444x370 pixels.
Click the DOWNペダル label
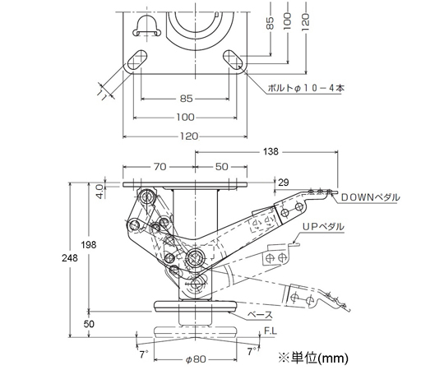point(370,197)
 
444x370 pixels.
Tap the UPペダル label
point(323,227)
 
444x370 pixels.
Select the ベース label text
point(261,315)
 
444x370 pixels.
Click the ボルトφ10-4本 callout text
point(306,88)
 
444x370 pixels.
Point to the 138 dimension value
point(271,152)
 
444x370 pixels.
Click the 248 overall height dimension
point(70,258)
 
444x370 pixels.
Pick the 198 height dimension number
point(89,244)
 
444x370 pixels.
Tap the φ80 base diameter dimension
point(196,359)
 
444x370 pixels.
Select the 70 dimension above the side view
point(160,166)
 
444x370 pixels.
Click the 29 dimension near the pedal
point(284,183)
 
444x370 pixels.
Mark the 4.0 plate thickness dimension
point(100,192)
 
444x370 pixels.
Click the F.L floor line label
point(271,331)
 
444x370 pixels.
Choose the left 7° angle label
point(144,354)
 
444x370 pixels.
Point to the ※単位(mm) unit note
point(313,358)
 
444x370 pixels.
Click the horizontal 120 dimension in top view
point(189,136)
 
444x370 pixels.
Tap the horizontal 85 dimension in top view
point(186,99)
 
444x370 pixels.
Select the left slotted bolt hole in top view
point(137,60)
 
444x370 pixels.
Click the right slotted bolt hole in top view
point(233,60)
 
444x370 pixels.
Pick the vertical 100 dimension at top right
point(288,21)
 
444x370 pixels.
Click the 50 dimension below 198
point(89,324)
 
